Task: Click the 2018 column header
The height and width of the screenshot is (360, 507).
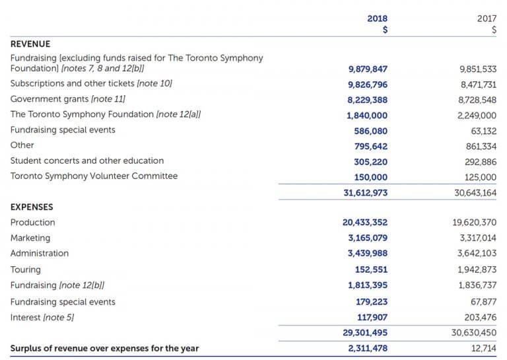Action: click(x=378, y=18)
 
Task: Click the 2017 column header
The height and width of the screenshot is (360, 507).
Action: click(x=487, y=18)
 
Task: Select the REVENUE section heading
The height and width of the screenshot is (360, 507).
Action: click(x=31, y=44)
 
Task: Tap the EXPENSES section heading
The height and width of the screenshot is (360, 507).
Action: click(x=32, y=207)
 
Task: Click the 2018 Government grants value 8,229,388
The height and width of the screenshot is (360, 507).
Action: click(x=367, y=100)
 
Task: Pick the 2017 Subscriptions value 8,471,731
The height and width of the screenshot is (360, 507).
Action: click(x=477, y=85)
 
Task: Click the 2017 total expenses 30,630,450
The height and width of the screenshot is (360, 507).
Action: click(x=474, y=333)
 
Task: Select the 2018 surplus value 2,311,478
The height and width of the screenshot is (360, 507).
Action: click(x=368, y=348)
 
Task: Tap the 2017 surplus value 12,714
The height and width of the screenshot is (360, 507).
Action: click(x=484, y=348)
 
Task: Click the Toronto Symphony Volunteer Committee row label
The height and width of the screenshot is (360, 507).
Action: click(x=94, y=176)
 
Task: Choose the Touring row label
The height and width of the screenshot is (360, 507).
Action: click(x=26, y=270)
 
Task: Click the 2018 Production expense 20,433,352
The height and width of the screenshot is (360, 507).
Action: click(x=365, y=223)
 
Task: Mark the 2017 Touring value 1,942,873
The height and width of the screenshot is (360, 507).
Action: click(x=477, y=270)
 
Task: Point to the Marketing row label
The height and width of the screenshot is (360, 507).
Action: click(x=30, y=238)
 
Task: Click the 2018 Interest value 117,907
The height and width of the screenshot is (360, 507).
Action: click(x=372, y=318)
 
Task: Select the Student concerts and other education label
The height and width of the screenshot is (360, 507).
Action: click(x=87, y=161)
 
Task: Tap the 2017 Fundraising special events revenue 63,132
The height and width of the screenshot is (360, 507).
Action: click(x=483, y=130)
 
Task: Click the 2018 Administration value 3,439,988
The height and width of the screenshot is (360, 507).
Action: click(x=368, y=253)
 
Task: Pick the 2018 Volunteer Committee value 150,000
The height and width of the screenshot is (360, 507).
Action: click(x=371, y=177)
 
